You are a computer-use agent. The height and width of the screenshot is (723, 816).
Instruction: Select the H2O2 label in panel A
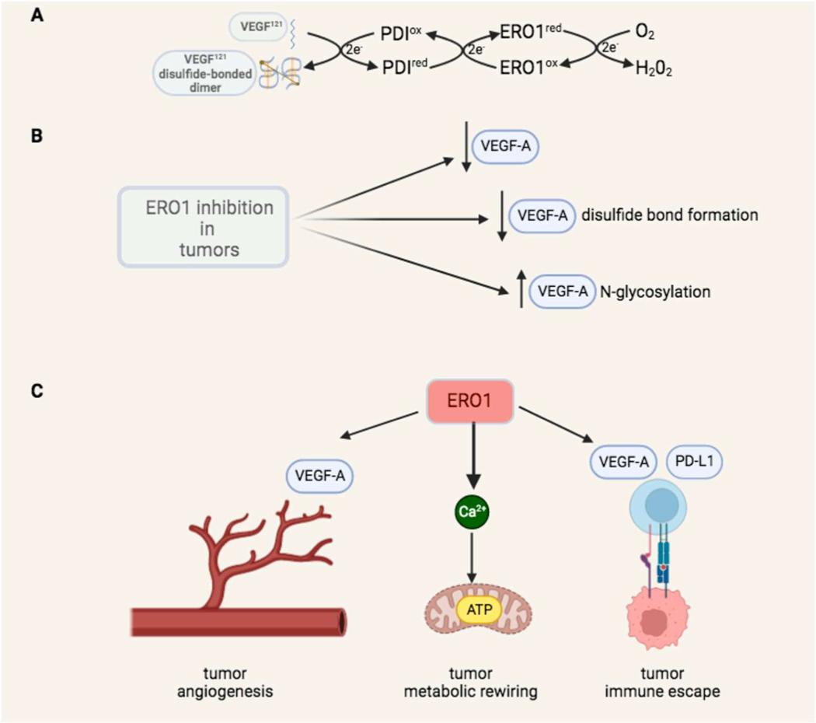[652, 69]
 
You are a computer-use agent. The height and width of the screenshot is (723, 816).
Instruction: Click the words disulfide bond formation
[668, 215]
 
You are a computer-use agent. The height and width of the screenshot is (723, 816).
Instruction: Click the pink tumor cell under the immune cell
[660, 619]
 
